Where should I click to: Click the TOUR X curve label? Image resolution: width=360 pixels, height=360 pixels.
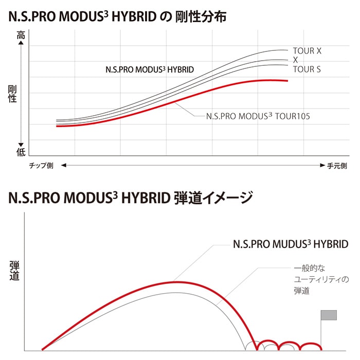click(x=307, y=51)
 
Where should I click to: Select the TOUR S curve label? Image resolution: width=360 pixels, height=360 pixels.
click(x=307, y=69)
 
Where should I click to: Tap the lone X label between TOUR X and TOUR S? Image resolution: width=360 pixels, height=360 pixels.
click(x=295, y=60)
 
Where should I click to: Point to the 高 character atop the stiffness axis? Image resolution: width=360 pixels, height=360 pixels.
click(x=21, y=35)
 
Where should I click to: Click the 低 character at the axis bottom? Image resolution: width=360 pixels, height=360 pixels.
click(x=21, y=152)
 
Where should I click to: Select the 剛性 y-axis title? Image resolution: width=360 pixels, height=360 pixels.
click(x=13, y=94)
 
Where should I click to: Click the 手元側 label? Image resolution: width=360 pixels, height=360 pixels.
click(x=337, y=166)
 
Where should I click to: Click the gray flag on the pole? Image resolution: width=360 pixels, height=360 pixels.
click(x=329, y=315)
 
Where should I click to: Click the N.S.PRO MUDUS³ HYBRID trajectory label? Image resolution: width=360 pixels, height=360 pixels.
click(x=291, y=245)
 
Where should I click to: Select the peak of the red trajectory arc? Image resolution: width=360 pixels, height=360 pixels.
click(x=175, y=282)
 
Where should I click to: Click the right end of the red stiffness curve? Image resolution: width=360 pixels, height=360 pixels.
click(x=287, y=81)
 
